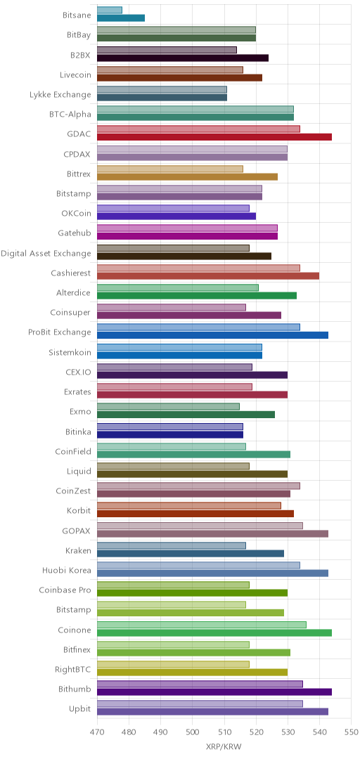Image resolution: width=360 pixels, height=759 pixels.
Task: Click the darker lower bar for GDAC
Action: [214, 137]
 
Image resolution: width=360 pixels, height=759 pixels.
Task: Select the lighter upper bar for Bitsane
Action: [110, 10]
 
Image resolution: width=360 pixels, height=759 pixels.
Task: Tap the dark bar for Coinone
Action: [214, 632]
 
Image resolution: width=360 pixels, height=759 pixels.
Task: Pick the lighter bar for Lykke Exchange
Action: [162, 89]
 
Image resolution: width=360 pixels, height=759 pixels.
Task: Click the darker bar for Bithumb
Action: [214, 692]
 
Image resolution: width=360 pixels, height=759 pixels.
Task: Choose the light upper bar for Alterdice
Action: [178, 287]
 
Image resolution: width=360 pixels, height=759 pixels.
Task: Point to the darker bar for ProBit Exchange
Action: [213, 335]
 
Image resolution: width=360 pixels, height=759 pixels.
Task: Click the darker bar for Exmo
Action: [186, 415]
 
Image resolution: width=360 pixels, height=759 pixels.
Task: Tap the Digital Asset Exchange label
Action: [46, 253]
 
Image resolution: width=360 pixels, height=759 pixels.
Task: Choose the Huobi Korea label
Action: [67, 570]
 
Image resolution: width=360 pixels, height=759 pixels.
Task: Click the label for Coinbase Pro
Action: [65, 590]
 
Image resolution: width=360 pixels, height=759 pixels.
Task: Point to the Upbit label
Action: [80, 708]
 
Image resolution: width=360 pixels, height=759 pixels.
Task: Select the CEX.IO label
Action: [78, 372]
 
